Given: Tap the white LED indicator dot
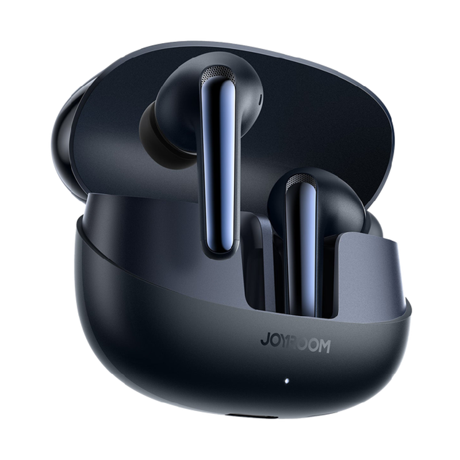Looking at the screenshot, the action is [286, 381].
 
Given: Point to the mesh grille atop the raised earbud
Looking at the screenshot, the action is [218, 73].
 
